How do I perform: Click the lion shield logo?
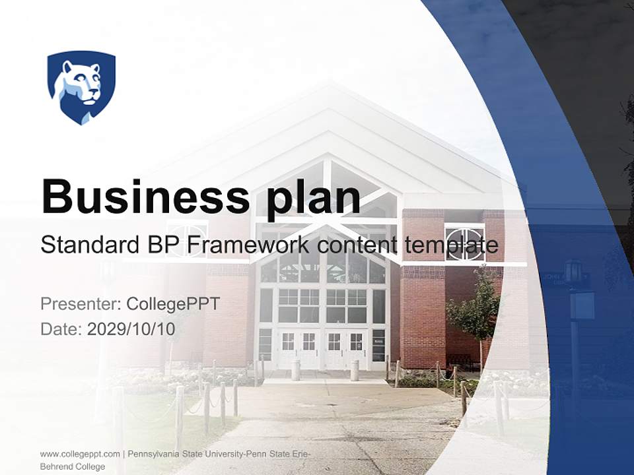point(81,87)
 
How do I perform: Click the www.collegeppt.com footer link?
point(80,454)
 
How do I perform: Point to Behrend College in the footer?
point(72,466)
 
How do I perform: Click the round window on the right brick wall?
point(464,242)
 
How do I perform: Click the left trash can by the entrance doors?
point(296,370)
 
